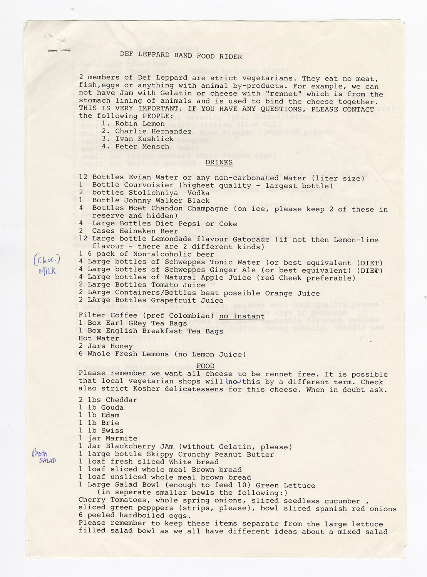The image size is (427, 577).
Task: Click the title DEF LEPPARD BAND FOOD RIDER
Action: click(x=181, y=56)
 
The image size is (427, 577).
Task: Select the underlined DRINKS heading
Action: click(x=219, y=162)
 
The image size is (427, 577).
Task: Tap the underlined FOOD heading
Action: click(x=205, y=366)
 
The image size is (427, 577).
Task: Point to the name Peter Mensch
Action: click(x=142, y=146)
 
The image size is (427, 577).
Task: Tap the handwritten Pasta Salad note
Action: click(x=44, y=456)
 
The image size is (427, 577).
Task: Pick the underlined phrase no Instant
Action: click(x=242, y=316)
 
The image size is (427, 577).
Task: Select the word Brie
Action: click(x=110, y=423)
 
